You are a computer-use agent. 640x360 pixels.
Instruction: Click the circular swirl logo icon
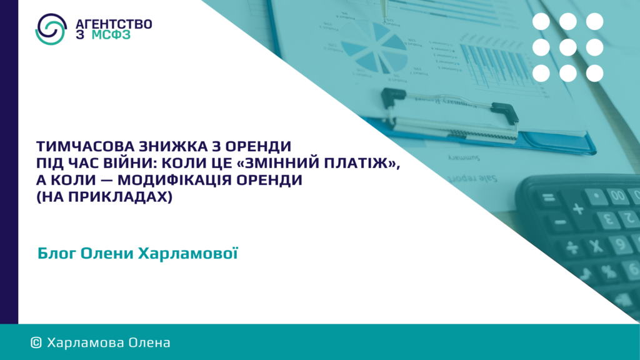(51, 29)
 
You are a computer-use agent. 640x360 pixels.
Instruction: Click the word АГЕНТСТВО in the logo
(114, 24)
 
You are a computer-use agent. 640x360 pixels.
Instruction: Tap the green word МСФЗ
(111, 35)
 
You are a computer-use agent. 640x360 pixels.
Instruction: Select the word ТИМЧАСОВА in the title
(85, 146)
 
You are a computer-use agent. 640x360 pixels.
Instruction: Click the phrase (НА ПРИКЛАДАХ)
(104, 197)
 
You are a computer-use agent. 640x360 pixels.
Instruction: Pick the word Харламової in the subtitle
(188, 254)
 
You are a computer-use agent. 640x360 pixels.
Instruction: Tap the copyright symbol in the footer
(36, 343)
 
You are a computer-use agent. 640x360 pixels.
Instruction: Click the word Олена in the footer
(149, 343)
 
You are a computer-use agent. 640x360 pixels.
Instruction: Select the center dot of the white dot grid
(567, 47)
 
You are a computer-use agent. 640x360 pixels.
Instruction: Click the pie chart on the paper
(374, 46)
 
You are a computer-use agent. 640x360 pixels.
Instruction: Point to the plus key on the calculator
(578, 209)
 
